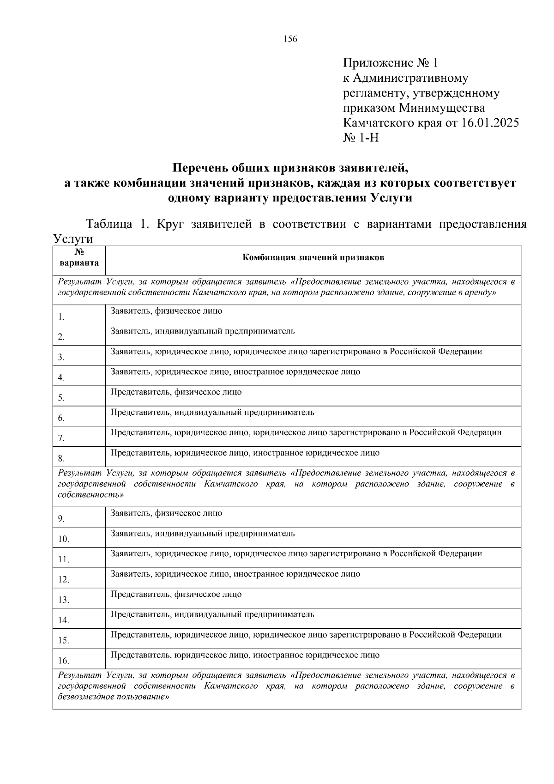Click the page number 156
tap(291, 39)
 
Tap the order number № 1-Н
tap(361, 138)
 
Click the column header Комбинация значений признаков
tap(313, 258)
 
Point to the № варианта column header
tap(78, 258)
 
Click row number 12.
tap(63, 580)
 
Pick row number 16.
tap(63, 661)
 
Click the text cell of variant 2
tap(203, 331)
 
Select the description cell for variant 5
tap(176, 392)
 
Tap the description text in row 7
tap(306, 433)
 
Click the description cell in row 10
tap(203, 534)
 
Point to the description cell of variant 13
tap(176, 595)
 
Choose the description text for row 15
tap(306, 635)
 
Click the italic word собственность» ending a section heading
tap(91, 494)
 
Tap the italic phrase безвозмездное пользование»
tap(113, 697)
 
